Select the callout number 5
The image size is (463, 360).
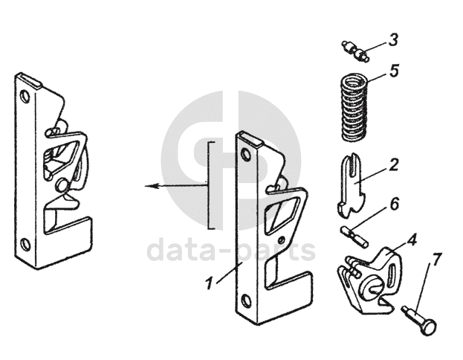395,71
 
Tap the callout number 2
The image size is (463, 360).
394,164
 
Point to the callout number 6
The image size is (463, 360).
394,202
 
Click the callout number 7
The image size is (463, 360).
437,260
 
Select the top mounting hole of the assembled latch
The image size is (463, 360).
26,96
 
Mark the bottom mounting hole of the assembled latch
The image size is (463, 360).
25,243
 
